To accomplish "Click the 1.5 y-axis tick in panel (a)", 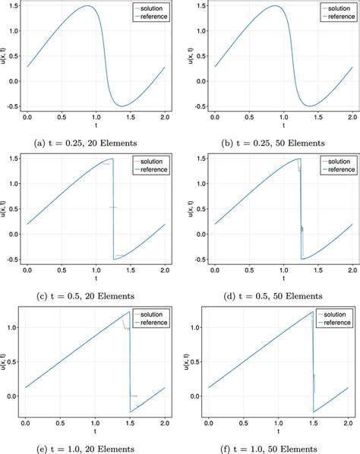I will pyautogui.click(x=13, y=7).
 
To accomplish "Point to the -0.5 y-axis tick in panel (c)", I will pyautogui.click(x=11, y=259).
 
